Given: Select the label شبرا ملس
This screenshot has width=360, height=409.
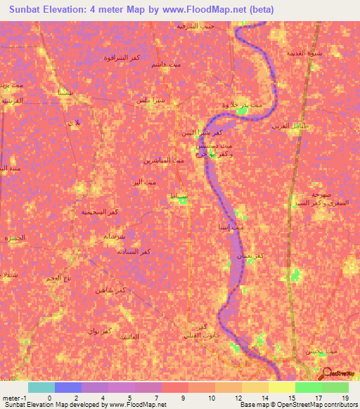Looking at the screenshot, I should pyautogui.click(x=151, y=100).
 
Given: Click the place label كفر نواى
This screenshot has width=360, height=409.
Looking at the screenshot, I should pyautogui.click(x=98, y=330).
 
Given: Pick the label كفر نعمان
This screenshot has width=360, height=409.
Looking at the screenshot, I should pyautogui.click(x=251, y=257).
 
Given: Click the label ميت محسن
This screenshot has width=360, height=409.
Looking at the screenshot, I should pyautogui.click(x=310, y=350).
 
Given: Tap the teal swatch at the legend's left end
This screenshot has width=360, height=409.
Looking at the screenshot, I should pyautogui.click(x=41, y=387).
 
